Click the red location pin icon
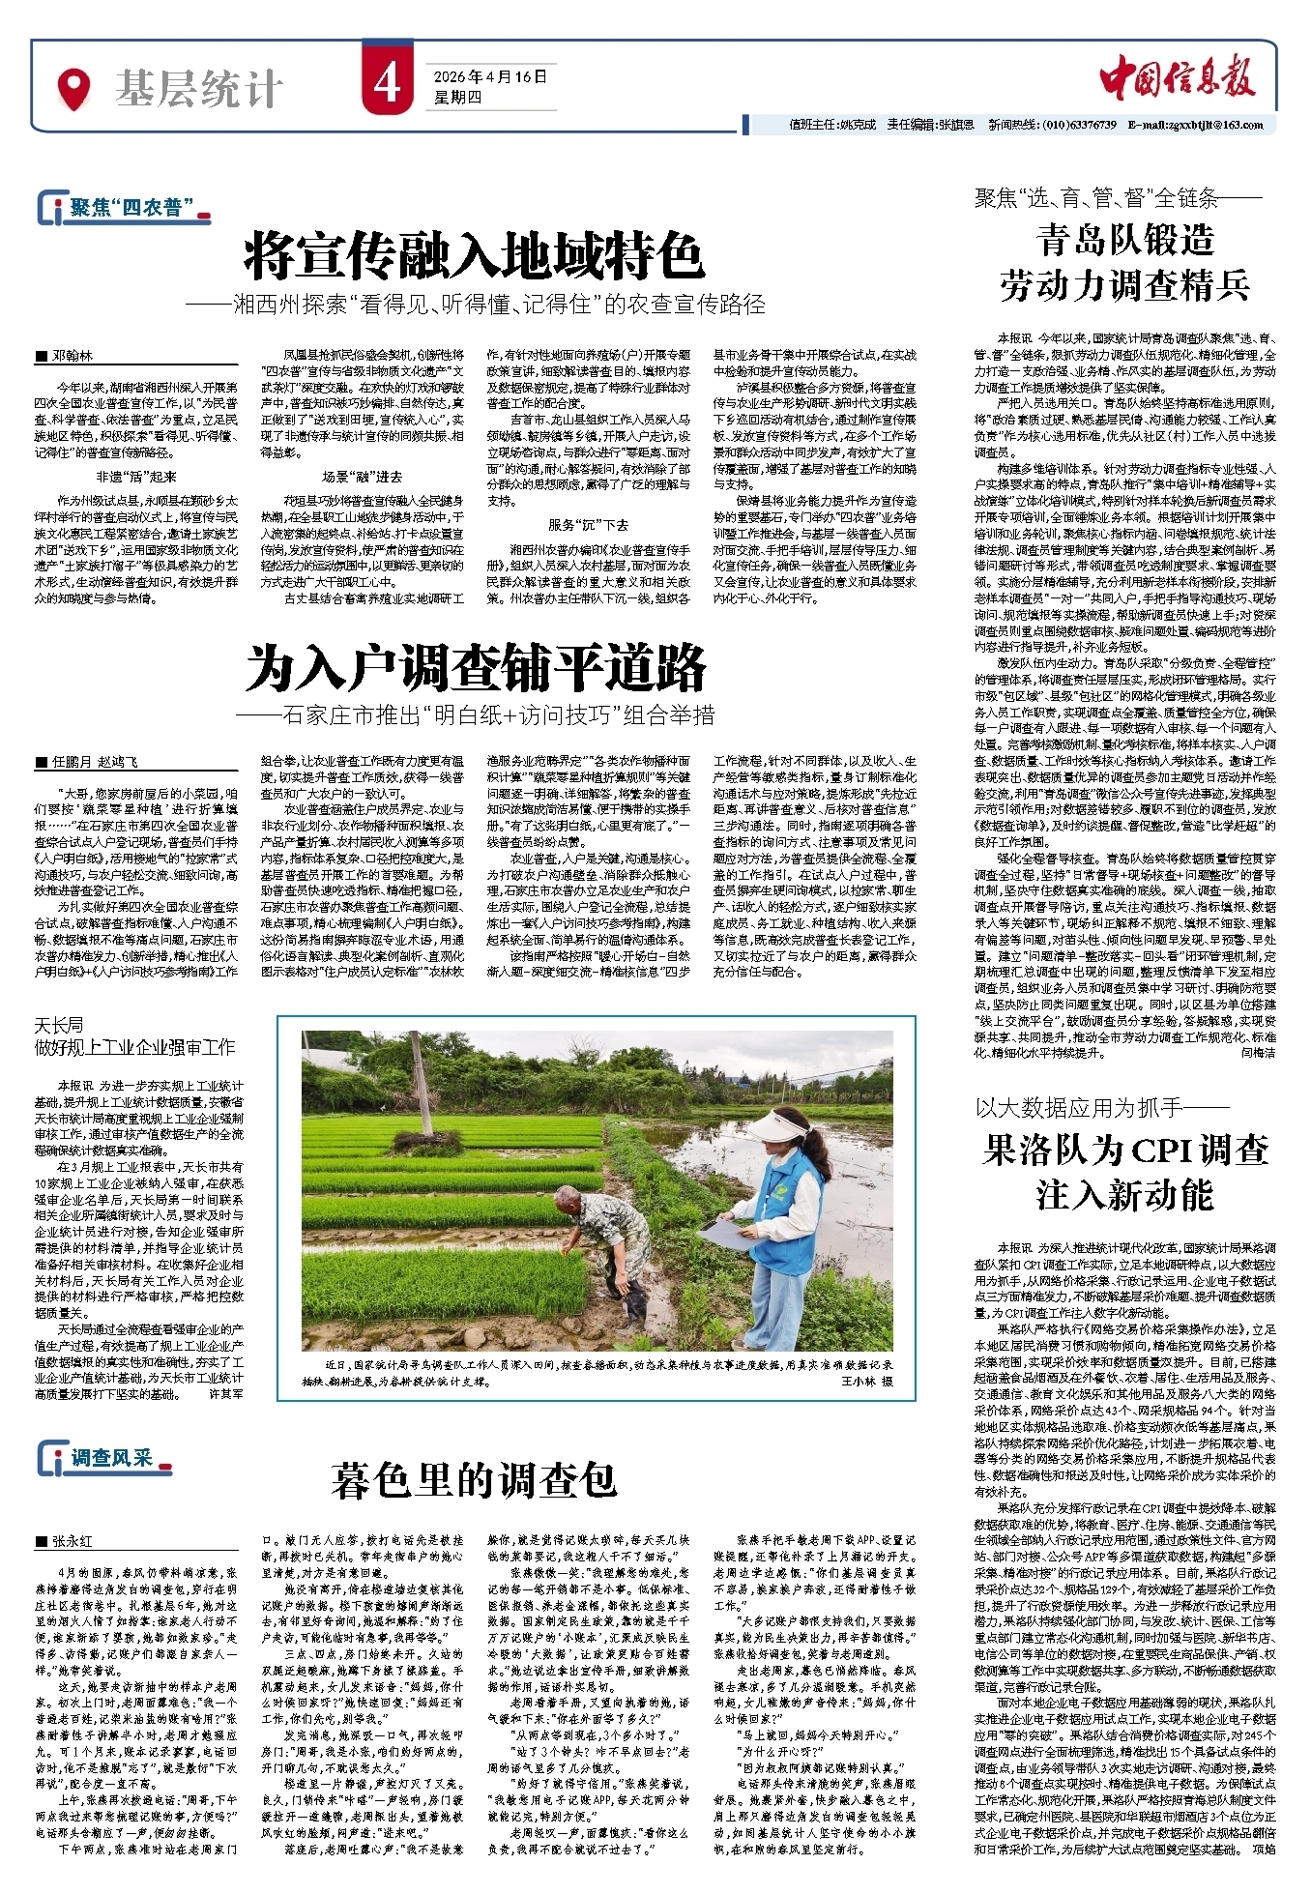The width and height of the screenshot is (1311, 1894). pos(74,88)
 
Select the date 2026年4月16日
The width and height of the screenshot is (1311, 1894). pos(490,77)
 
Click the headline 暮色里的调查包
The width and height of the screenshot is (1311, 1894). pos(474,1480)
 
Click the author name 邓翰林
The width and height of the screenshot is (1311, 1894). pos(73,356)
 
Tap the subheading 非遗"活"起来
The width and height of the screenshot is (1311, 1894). pos(136,478)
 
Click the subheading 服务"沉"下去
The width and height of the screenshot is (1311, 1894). pos(588,525)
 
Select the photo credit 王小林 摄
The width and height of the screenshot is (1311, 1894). pos(866,1381)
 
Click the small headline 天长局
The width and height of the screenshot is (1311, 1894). pos(59,1025)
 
